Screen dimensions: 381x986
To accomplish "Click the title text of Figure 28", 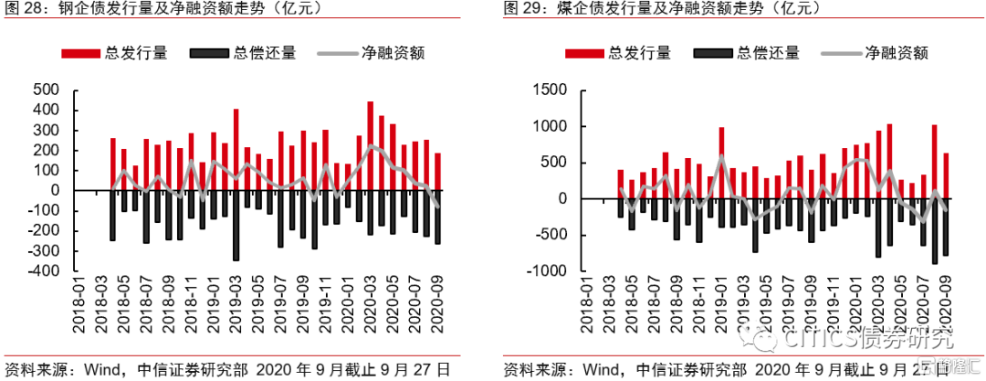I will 128,10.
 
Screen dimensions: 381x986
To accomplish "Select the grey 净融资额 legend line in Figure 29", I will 842,53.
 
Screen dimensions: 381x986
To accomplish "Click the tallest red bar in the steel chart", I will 370,146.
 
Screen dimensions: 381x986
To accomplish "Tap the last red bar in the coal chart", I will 946,175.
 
